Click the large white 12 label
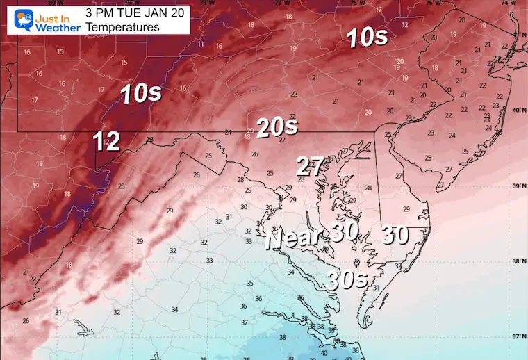point(107,142)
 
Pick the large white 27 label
point(310,166)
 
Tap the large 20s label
point(277,126)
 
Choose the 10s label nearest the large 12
point(140,93)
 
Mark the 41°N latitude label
point(518,35)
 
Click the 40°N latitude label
point(518,110)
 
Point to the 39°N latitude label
point(518,186)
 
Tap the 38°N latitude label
point(518,261)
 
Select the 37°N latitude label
point(518,336)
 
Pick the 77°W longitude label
point(281,3)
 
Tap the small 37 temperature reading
point(244,322)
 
